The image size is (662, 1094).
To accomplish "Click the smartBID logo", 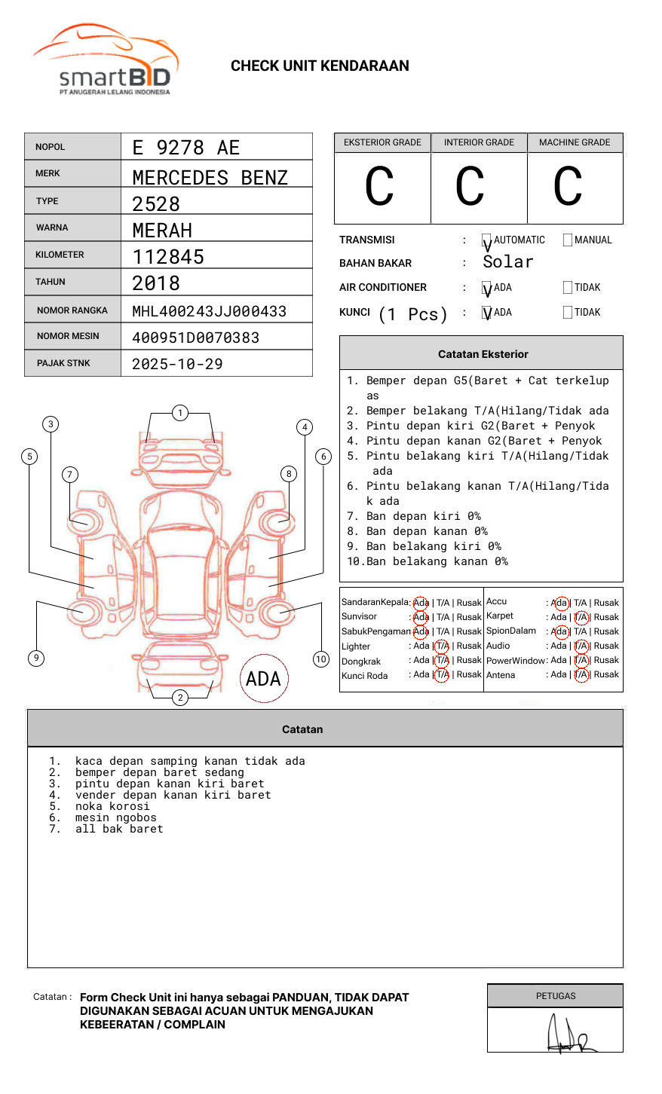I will coord(106,60).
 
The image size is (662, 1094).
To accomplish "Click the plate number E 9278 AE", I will coord(185,148).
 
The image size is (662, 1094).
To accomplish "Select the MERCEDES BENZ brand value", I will coord(210,178).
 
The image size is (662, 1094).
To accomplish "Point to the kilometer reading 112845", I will coord(168,257).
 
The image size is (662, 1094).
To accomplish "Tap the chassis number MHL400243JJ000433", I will coord(209,311).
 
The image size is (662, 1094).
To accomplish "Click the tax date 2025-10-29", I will coord(177,364).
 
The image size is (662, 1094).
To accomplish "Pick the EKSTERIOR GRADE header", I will coord(382,142).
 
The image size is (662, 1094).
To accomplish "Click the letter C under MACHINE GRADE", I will coord(568,187).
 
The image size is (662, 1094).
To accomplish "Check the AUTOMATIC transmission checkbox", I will coord(487,241).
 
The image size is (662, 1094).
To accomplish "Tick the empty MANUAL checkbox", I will coord(568,240).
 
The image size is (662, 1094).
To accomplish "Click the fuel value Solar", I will coord(507,262).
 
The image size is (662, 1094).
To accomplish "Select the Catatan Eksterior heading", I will coord(483,354).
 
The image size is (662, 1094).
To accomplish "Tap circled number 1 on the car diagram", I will coord(179,413).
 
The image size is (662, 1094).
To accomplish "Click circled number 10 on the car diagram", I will coord(321,659).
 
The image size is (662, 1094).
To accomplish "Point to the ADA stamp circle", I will coord(263,679).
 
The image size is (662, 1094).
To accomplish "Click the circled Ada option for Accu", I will coord(560,603).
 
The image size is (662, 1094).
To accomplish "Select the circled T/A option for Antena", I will coord(581,675).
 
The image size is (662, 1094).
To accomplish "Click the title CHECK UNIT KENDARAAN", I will coord(320,66).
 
